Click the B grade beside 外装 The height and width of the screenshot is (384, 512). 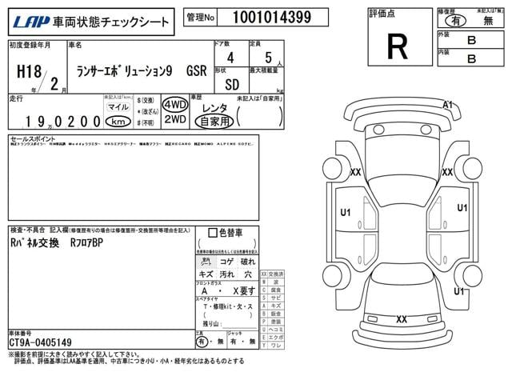click(x=471, y=39)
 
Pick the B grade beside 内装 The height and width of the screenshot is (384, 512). click(x=471, y=58)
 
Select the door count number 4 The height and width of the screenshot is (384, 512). click(x=230, y=58)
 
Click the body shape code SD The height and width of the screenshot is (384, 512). click(x=231, y=83)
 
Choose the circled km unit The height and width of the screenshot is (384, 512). click(x=118, y=122)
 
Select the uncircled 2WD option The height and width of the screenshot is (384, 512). click(x=174, y=120)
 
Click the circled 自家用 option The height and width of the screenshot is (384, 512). click(x=215, y=122)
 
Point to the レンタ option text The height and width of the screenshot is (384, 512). click(x=214, y=107)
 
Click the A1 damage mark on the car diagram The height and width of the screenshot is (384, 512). click(x=447, y=105)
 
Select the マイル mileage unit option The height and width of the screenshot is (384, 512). click(x=118, y=107)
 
